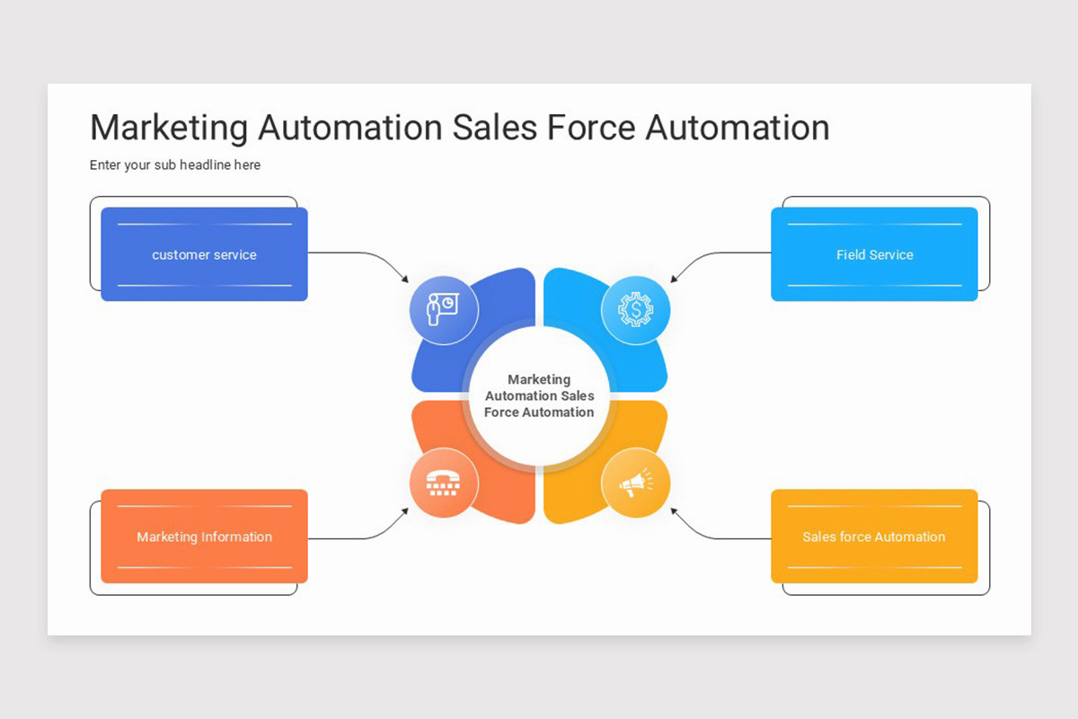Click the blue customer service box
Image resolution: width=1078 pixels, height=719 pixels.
click(x=204, y=254)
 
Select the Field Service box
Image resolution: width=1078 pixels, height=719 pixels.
click(x=874, y=254)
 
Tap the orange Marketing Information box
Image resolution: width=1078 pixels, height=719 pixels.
click(x=204, y=537)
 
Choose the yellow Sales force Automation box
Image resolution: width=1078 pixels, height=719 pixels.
click(x=874, y=537)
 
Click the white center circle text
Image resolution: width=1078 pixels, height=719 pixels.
click(x=539, y=395)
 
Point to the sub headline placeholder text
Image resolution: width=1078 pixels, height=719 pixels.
click(x=175, y=165)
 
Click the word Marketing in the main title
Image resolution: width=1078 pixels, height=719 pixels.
click(x=168, y=128)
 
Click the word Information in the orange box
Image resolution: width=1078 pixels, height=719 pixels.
click(x=236, y=537)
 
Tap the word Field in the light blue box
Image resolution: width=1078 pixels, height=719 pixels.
click(x=850, y=254)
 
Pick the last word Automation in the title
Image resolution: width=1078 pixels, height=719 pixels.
click(x=738, y=128)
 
